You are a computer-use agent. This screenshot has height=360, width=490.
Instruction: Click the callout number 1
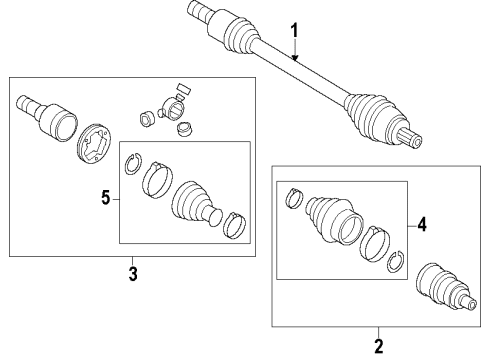294,31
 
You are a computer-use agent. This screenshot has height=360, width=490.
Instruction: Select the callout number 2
379,346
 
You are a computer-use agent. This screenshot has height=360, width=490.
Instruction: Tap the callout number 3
133,274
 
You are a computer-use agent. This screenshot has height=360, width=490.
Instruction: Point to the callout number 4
422,224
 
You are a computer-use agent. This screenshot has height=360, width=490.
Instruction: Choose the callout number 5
105,198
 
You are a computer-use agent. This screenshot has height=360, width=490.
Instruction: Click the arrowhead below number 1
295,58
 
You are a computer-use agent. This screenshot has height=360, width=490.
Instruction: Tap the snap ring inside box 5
133,163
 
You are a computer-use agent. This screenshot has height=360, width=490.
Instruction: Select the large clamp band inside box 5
157,180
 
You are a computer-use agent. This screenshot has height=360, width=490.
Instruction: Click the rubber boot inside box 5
196,204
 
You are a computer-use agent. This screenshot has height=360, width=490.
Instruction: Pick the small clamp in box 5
234,225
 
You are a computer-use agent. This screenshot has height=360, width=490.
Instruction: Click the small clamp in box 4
294,198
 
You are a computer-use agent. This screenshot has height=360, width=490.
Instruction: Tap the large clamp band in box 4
375,244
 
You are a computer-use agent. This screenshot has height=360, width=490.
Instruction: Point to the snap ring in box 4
396,261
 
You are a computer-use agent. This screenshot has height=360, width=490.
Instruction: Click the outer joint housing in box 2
447,288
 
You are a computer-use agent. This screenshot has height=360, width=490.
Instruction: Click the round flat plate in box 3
95,143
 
